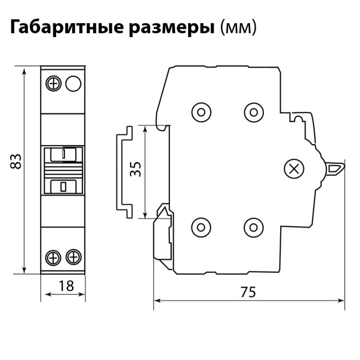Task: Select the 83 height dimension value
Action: pos(16,162)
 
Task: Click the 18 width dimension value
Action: pos(66,286)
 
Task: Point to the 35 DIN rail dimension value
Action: pos(135,169)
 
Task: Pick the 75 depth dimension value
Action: pos(248,292)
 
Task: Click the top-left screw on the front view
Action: pos(53,84)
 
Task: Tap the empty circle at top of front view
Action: pos(73,84)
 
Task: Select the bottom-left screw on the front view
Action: pos(53,258)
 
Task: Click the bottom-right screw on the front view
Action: pos(73,257)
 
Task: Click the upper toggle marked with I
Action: pos(63,155)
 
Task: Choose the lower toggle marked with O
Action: pos(63,187)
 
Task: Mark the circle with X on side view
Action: pos(294,169)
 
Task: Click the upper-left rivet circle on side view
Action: pos(201,112)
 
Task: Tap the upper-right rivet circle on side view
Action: pos(254,112)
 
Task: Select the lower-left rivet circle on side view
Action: pos(201,228)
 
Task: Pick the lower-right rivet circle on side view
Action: pos(253,228)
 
